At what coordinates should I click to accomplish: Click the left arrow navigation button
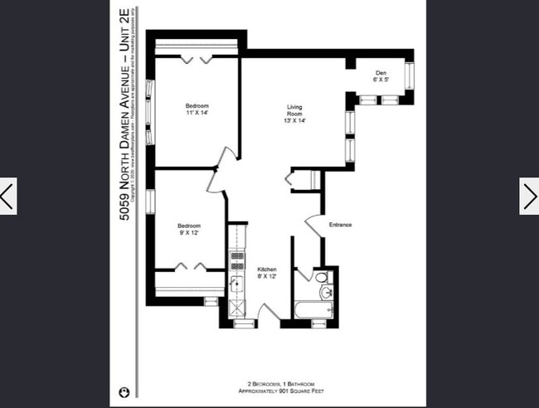(x=7, y=196)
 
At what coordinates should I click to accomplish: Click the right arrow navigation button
(x=529, y=196)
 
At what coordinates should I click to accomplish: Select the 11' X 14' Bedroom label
(x=197, y=109)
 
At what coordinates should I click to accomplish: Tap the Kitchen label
(x=266, y=274)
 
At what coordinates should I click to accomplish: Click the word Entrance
(x=340, y=225)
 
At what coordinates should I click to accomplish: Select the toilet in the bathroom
(x=303, y=277)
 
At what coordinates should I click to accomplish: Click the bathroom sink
(x=326, y=292)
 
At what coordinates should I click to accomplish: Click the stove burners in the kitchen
(x=236, y=260)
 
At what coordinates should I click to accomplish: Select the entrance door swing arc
(x=313, y=225)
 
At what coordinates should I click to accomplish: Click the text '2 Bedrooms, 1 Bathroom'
(x=268, y=385)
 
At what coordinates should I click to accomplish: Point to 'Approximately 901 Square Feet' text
(x=268, y=391)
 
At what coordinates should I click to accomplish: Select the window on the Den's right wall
(x=409, y=77)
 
